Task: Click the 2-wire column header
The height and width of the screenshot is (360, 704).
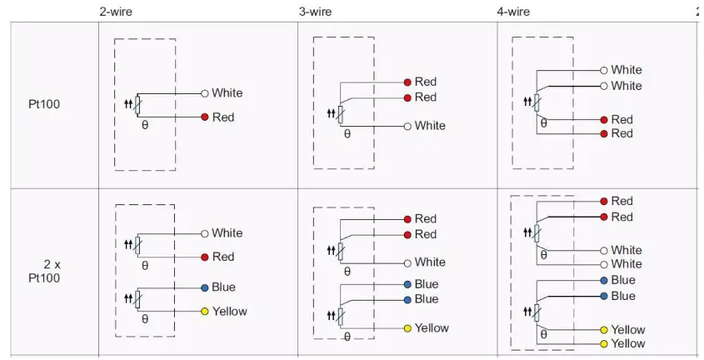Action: [115, 12]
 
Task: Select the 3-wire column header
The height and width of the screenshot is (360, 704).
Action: [315, 12]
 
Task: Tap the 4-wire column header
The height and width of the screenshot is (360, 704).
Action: [513, 12]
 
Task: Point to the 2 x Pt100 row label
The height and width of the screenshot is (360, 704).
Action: [50, 271]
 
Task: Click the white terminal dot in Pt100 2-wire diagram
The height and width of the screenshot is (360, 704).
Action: [204, 93]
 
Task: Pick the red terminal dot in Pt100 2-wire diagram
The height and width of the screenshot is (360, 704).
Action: [204, 117]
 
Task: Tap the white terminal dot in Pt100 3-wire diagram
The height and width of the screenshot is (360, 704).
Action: [407, 126]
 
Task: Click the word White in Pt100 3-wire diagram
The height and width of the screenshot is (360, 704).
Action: [430, 126]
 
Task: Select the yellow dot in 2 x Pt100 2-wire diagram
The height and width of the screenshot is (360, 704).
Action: [204, 312]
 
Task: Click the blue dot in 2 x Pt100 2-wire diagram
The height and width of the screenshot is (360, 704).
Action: [204, 287]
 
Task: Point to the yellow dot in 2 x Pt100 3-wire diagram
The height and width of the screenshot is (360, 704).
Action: [407, 328]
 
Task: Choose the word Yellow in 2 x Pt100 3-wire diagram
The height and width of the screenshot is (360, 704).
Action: [432, 328]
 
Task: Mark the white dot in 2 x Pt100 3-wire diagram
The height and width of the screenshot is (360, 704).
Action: [407, 262]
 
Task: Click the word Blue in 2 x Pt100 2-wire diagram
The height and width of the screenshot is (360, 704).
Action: [223, 287]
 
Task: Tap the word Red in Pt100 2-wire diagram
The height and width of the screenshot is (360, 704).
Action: [223, 117]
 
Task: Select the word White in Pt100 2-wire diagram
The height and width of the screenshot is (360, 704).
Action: [227, 93]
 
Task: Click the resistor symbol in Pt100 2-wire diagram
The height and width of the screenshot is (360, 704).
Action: [137, 105]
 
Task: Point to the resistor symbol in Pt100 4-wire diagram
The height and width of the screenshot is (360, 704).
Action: [537, 102]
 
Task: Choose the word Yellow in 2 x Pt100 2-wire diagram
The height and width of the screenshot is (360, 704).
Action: [229, 312]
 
